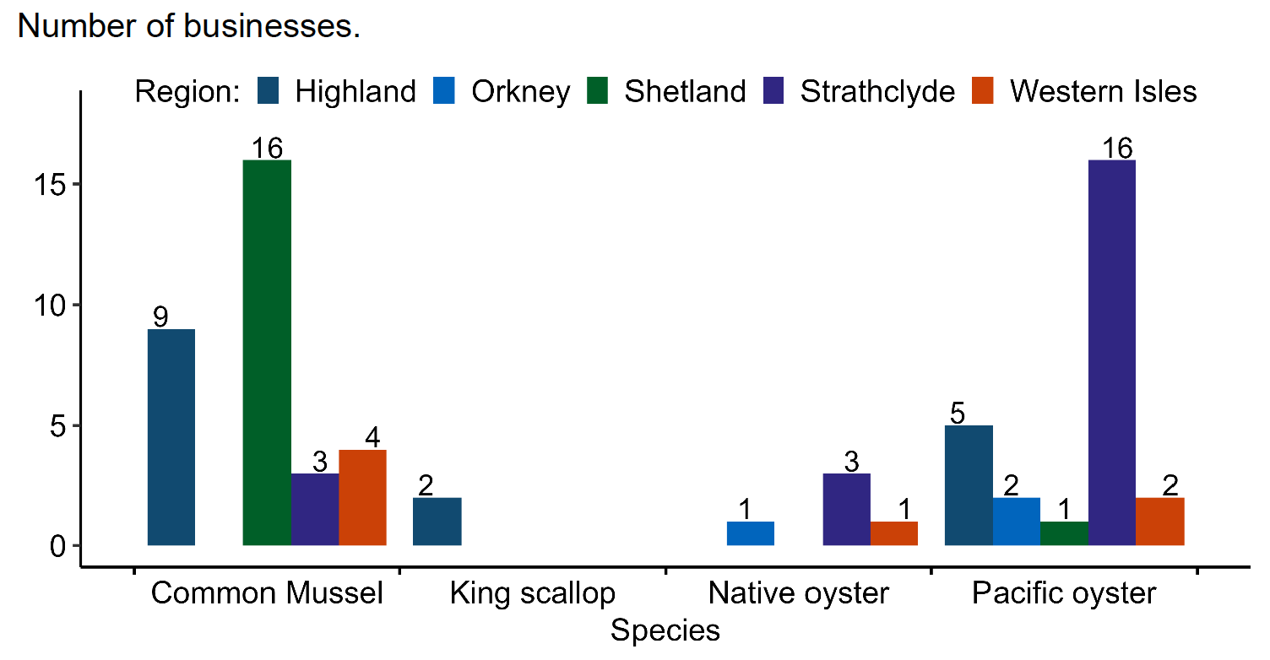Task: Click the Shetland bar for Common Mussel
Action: point(267,353)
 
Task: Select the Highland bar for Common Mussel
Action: point(171,437)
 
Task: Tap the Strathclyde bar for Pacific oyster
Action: point(1111,353)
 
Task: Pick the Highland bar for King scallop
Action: point(437,522)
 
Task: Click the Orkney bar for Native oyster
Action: point(751,533)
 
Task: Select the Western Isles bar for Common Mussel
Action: point(362,497)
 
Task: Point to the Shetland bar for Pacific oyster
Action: point(1064,533)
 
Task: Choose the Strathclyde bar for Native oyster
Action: point(846,510)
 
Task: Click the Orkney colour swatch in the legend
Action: point(445,91)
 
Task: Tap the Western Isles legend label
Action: point(1103,91)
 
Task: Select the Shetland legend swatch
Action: point(598,91)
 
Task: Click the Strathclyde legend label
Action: point(877,91)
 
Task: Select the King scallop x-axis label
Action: point(532,593)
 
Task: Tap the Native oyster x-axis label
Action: point(798,593)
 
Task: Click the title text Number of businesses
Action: point(188,27)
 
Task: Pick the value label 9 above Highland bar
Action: point(160,317)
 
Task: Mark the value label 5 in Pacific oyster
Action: point(957,414)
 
